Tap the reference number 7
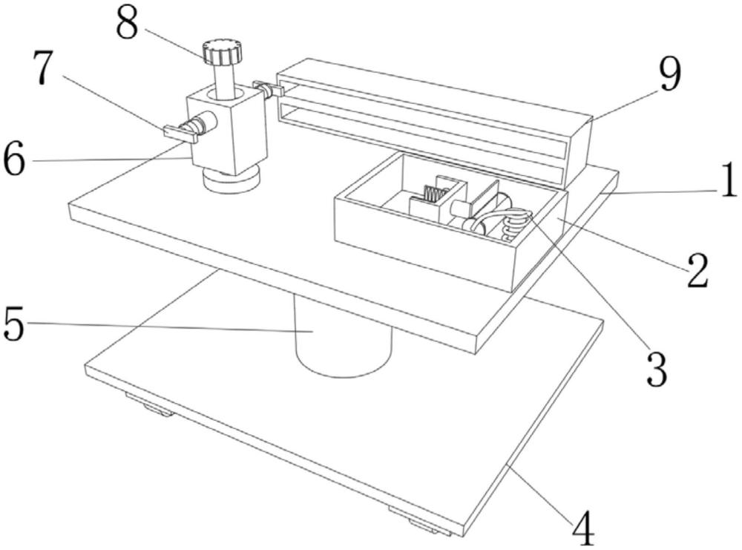pos(43,68)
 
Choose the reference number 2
pos(697,270)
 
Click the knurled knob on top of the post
pos(222,51)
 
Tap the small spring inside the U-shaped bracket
pos(436,194)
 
